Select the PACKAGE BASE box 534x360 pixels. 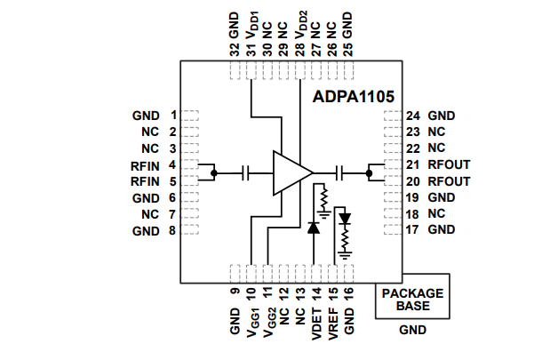pyautogui.click(x=411, y=299)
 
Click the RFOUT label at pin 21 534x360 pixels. pyautogui.click(x=449, y=165)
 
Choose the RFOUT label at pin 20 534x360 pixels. pyautogui.click(x=449, y=181)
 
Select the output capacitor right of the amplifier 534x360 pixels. pyautogui.click(x=341, y=172)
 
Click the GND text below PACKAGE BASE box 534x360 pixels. pyautogui.click(x=411, y=330)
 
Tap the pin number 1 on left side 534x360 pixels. pyautogui.click(x=173, y=116)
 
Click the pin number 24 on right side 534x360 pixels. pyautogui.click(x=412, y=116)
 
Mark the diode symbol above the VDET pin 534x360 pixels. pyautogui.click(x=313, y=228)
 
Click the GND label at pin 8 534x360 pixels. pyautogui.click(x=146, y=231)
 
